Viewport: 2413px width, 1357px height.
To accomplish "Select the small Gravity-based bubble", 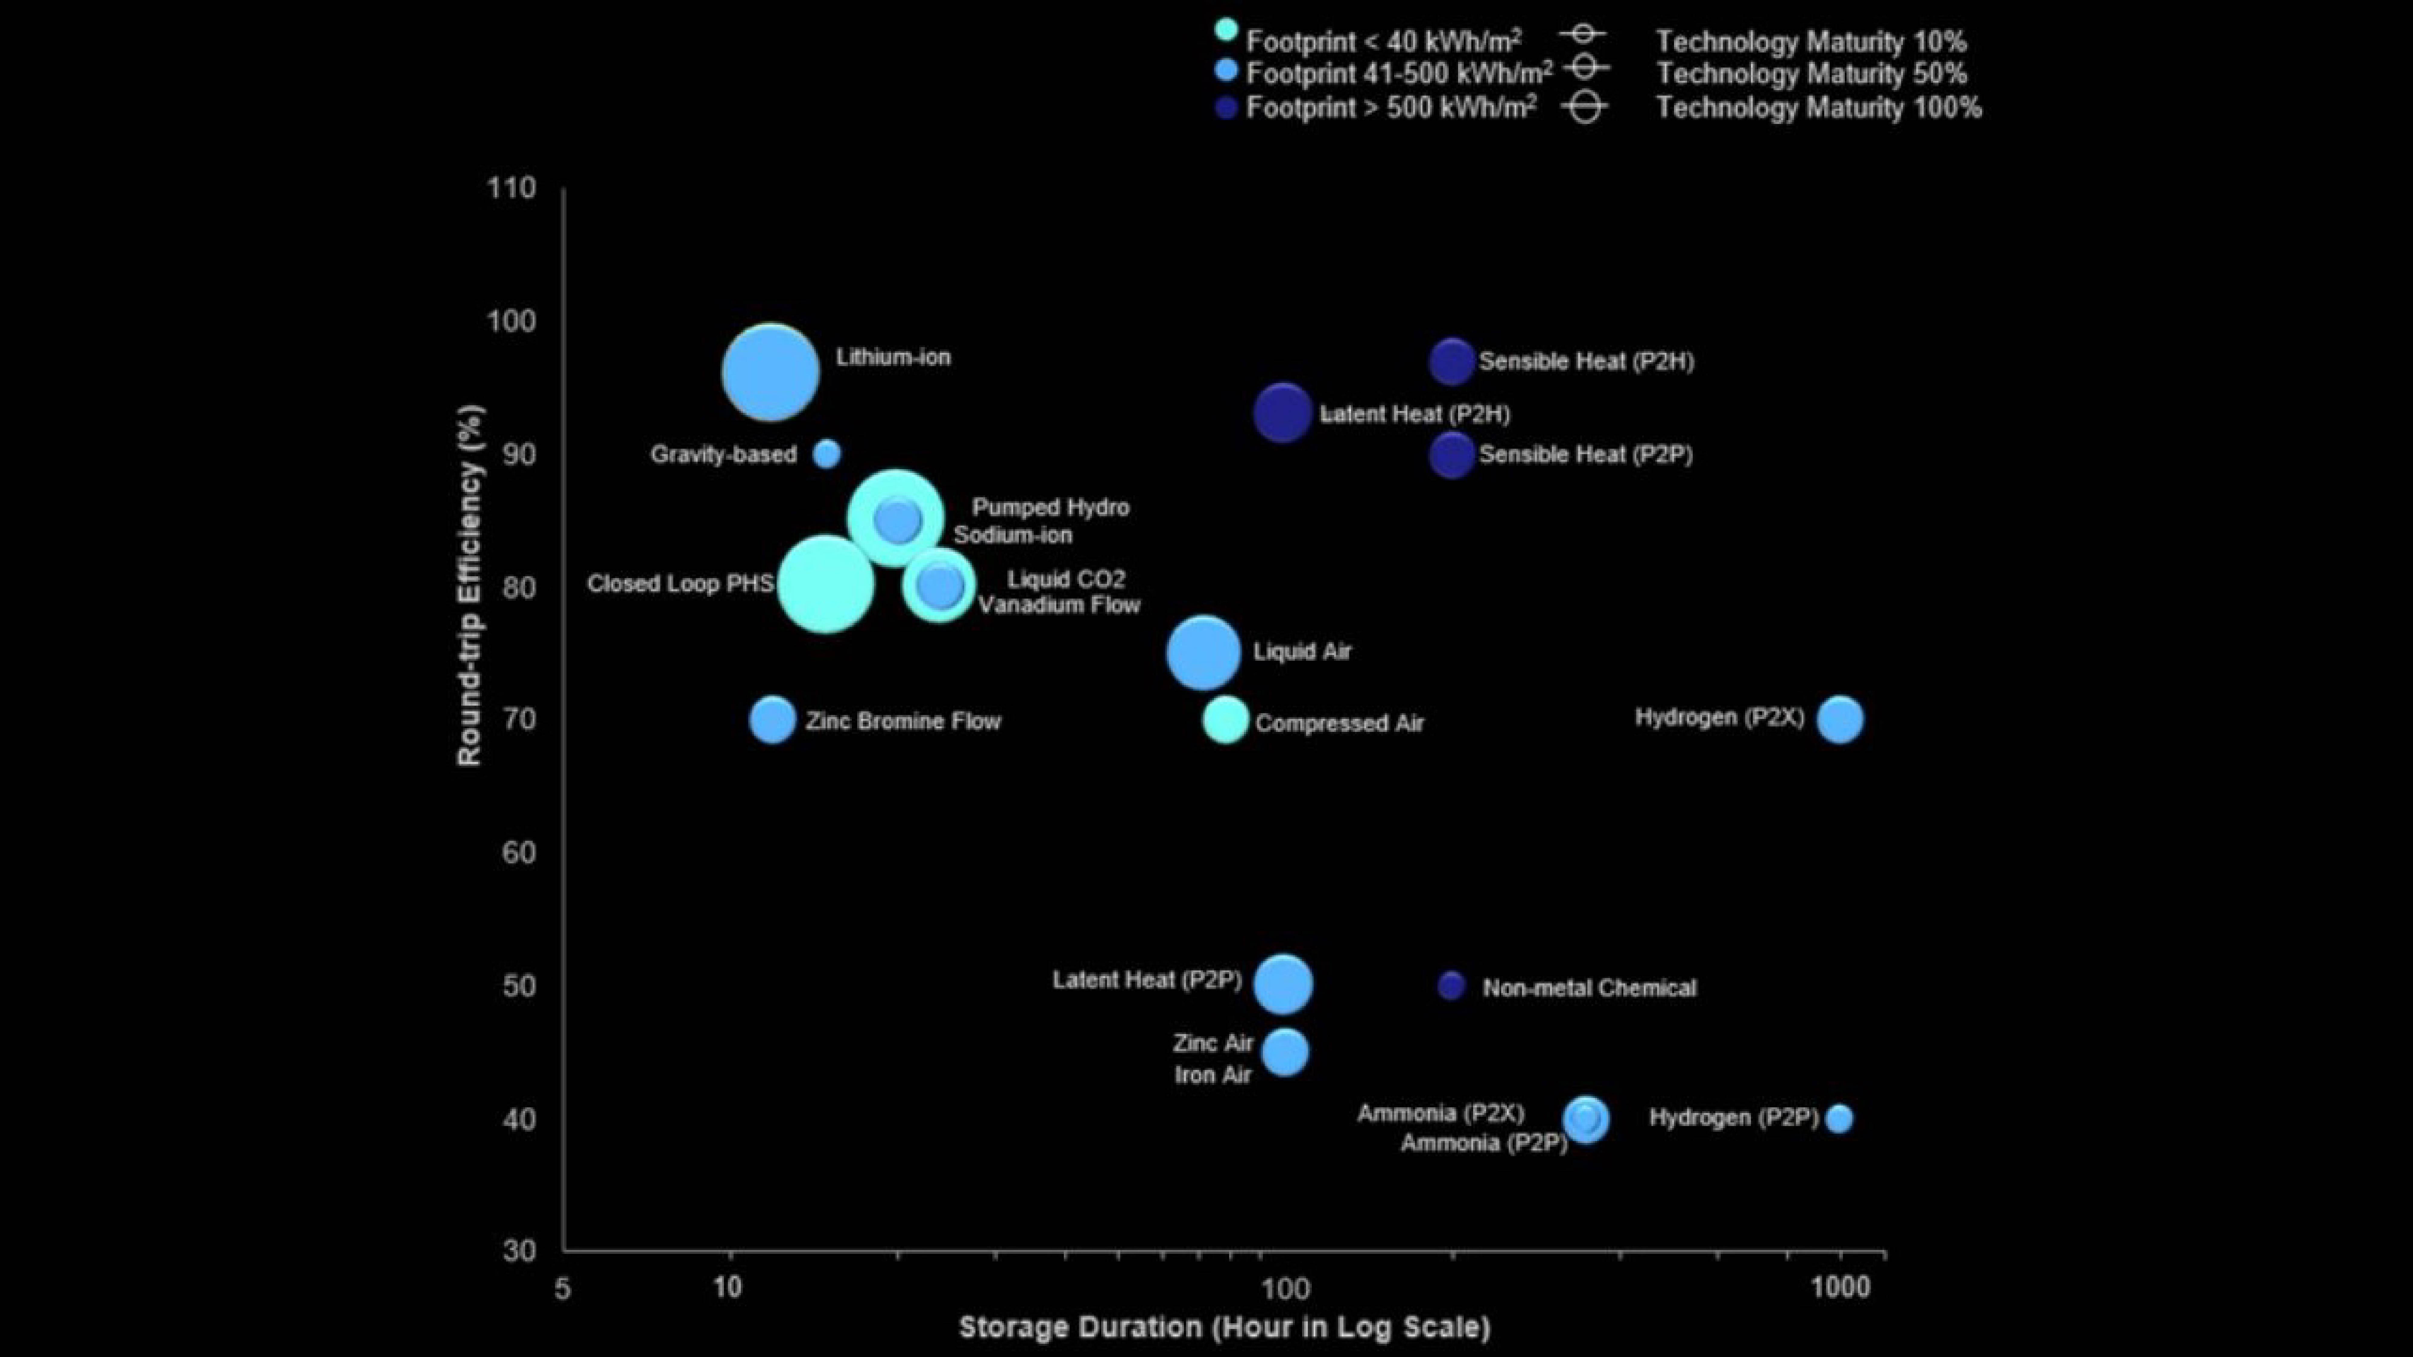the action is pos(826,454).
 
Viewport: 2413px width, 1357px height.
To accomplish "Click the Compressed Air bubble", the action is pos(1225,720).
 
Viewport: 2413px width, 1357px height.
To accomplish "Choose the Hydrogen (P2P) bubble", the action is pos(1839,1118).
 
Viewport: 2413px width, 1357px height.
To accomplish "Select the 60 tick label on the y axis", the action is pos(519,852).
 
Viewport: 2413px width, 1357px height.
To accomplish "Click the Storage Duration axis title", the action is pos(1224,1327).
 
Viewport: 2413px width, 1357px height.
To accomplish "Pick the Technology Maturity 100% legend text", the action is pos(1818,108).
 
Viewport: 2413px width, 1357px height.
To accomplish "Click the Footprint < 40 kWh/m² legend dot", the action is pos(1226,30).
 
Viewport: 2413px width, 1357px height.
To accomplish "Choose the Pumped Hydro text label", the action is pos(1050,508).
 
